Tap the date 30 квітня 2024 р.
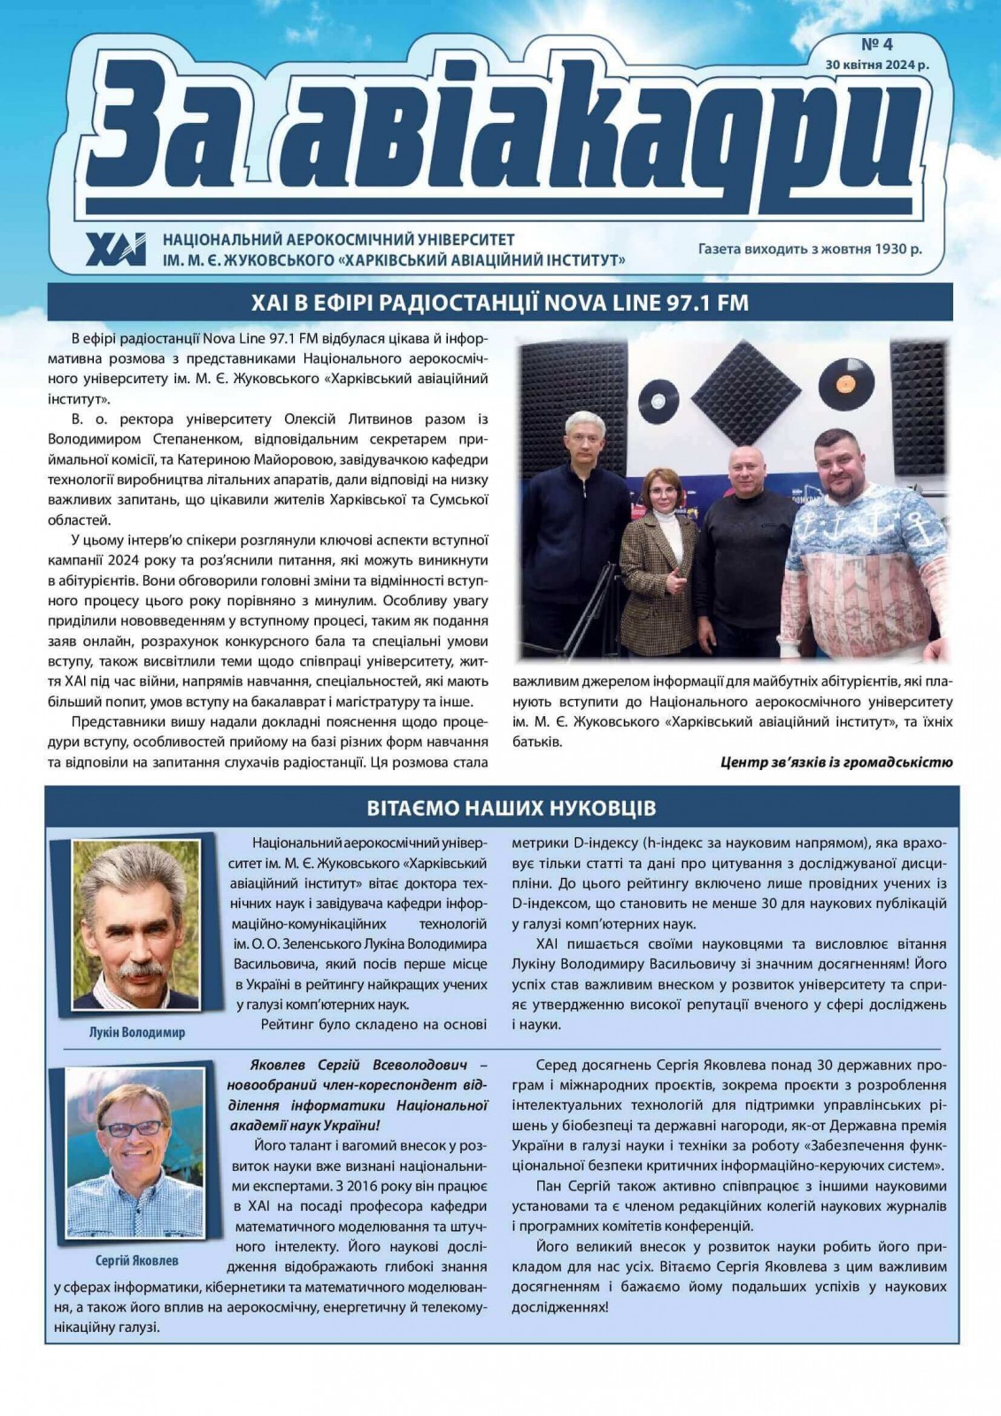pos(876,65)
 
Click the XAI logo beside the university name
pos(116,250)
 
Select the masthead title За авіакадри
pos(500,133)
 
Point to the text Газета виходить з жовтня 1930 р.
pos(809,249)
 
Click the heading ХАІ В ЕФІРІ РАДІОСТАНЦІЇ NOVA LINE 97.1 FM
pos(500,303)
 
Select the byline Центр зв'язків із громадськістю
pos(836,761)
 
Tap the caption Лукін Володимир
pos(137,1032)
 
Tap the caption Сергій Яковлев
pos(136,1259)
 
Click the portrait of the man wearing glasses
pos(135,1153)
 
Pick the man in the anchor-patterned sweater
pos(860,540)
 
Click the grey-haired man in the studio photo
pos(576,522)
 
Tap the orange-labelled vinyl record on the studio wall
pos(840,382)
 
